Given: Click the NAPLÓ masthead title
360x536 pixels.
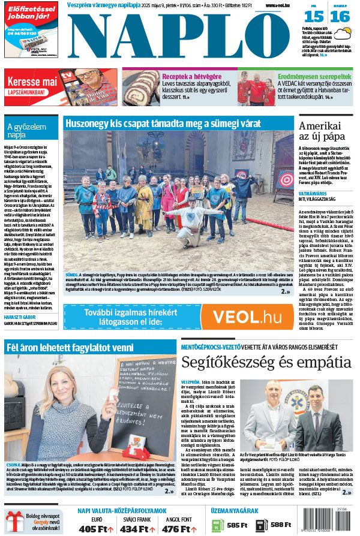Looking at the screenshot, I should tap(180, 37).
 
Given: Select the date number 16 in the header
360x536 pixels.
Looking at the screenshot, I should tap(340, 17).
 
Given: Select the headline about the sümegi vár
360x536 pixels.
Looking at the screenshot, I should tap(163, 124).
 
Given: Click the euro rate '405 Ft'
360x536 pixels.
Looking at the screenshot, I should tap(96, 528).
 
